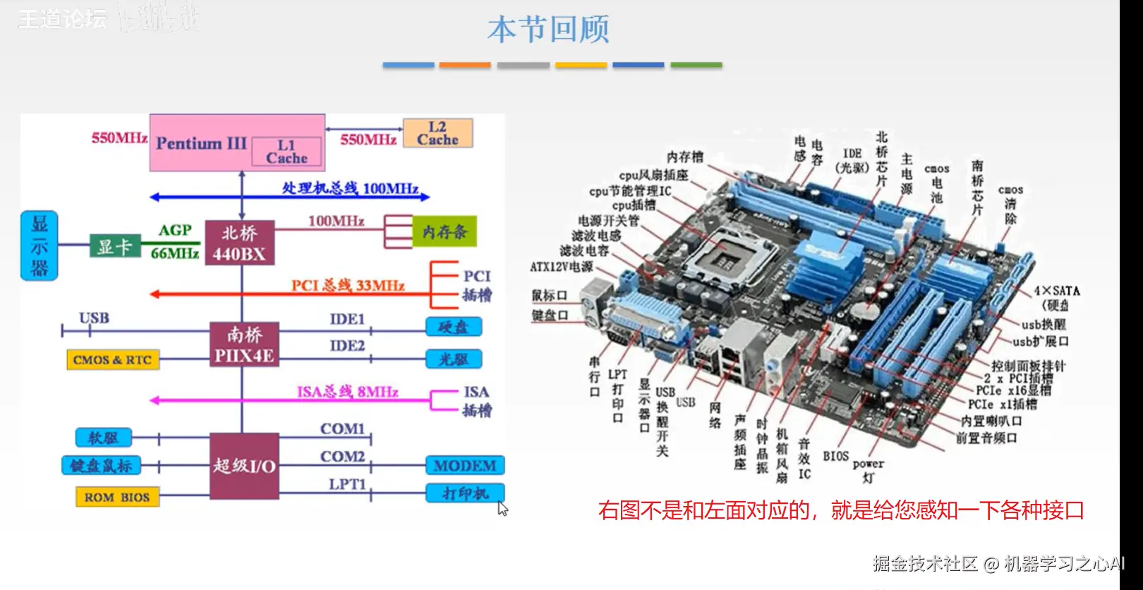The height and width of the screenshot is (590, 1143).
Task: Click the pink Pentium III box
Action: click(200, 143)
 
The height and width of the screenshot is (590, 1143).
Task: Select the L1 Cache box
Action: click(286, 152)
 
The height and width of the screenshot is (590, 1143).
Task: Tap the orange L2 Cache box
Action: click(437, 133)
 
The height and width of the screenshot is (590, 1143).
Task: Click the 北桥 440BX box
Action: click(239, 243)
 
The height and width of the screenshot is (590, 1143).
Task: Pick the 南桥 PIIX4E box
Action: click(244, 344)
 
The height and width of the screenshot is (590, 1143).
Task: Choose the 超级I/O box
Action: click(244, 466)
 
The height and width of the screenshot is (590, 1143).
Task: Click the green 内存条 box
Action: click(445, 231)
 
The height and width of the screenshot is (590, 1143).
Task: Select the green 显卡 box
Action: click(114, 246)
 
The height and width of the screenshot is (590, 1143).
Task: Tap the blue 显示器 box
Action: click(40, 246)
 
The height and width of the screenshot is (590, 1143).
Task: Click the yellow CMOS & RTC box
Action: click(112, 360)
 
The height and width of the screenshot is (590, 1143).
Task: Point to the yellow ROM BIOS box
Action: click(117, 497)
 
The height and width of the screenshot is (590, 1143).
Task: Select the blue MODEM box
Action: click(464, 466)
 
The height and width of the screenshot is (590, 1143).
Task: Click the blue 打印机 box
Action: click(464, 493)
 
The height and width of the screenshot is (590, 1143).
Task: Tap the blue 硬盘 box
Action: click(453, 327)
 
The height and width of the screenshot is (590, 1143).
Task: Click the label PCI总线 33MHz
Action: click(348, 285)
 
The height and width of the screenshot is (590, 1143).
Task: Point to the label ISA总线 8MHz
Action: click(347, 392)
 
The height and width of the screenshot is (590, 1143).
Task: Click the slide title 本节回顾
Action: click(548, 30)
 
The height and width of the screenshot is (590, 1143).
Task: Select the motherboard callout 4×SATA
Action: click(1056, 291)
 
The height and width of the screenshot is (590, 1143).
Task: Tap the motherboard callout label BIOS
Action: click(835, 457)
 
